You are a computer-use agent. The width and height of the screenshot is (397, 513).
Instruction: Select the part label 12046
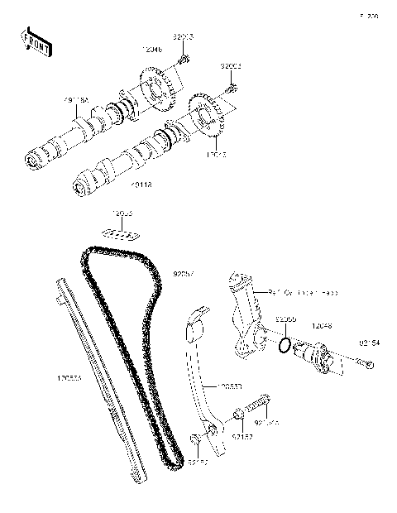[x=151, y=50]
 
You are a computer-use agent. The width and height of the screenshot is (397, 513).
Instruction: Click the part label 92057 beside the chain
[x=184, y=273]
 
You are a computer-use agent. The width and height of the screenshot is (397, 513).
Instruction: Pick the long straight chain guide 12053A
[x=99, y=381]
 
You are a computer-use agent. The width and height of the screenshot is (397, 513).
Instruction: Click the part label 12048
[x=322, y=327]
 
